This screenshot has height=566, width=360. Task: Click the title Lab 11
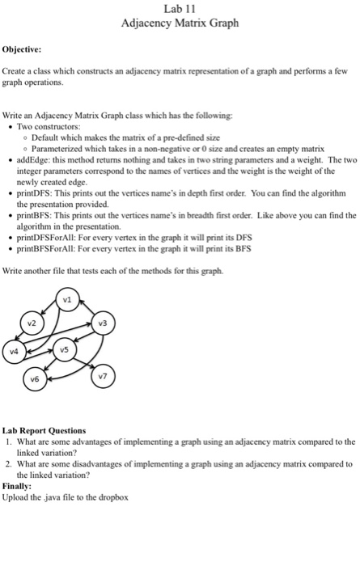tap(180, 9)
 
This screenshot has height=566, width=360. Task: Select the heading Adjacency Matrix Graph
tap(180, 23)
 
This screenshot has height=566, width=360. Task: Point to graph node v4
tap(15, 353)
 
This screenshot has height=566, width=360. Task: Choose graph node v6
tap(33, 378)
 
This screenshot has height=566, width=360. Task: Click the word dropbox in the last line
tap(113, 497)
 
